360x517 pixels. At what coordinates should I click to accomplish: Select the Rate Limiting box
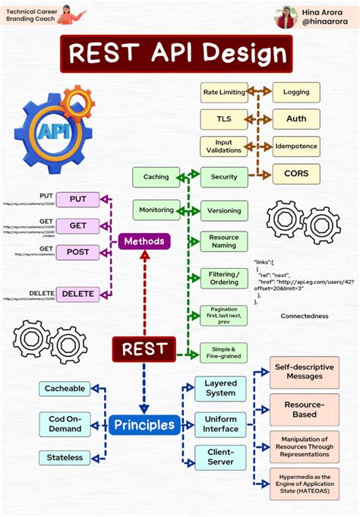(223, 93)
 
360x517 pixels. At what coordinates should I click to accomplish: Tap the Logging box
(296, 93)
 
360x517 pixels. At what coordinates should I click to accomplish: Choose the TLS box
(223, 119)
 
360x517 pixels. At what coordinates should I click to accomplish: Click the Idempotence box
(296, 146)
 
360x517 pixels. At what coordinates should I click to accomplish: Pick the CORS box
(296, 174)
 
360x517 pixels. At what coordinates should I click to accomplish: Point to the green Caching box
(156, 177)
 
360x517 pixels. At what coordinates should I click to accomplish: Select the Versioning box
(223, 210)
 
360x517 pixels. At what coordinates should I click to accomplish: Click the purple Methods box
(144, 241)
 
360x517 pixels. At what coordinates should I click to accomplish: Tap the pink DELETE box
(77, 294)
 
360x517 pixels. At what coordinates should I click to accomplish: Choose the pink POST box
(77, 252)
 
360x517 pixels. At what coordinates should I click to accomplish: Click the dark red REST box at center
(144, 349)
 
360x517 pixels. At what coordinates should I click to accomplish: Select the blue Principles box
(144, 424)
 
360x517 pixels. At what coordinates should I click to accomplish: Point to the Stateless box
(64, 457)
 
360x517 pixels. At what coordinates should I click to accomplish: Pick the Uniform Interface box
(220, 424)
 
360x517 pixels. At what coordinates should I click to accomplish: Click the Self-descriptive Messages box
(304, 371)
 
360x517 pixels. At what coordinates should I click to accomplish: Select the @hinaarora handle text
(324, 24)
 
